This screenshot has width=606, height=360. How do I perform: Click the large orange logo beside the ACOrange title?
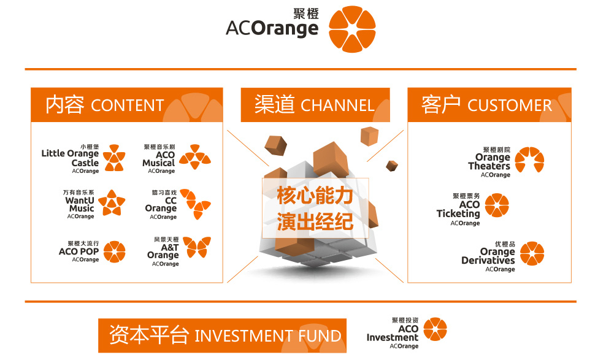click(351, 29)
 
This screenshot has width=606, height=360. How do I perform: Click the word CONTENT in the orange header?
click(127, 105)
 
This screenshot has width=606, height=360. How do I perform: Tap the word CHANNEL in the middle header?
click(337, 105)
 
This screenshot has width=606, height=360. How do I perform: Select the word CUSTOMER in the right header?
click(509, 105)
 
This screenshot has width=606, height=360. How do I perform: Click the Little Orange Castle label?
click(70, 158)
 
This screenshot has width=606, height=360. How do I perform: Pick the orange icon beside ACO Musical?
click(194, 157)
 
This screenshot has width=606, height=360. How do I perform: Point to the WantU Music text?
click(80, 204)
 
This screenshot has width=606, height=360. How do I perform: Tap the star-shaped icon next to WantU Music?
click(112, 203)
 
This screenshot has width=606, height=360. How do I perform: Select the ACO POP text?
click(79, 251)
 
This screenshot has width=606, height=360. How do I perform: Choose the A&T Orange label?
click(163, 251)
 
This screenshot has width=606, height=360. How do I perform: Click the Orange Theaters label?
click(489, 162)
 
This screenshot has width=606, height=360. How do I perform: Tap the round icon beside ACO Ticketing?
click(497, 207)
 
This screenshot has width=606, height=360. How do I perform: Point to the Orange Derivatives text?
click(488, 256)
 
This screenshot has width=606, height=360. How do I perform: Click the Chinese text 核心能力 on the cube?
click(315, 196)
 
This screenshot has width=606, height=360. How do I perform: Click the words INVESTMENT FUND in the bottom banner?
click(267, 336)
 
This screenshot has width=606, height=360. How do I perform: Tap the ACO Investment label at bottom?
click(393, 333)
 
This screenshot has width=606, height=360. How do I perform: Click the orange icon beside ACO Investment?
click(435, 329)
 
